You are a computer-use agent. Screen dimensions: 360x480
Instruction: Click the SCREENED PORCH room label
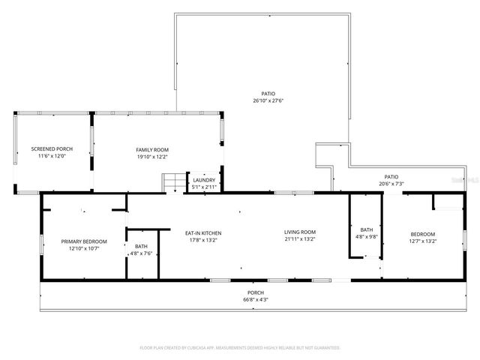[52, 149]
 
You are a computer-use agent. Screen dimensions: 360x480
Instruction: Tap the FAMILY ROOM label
[152, 149]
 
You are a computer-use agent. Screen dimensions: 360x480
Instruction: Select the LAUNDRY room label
[204, 180]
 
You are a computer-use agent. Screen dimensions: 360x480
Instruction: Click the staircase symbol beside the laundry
[173, 182]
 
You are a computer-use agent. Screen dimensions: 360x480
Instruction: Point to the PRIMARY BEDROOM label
[84, 241]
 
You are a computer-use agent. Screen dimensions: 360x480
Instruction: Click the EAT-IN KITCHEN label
[203, 232]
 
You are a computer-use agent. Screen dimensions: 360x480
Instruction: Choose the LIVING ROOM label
[300, 232]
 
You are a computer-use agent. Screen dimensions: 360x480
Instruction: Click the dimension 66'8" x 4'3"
[256, 299]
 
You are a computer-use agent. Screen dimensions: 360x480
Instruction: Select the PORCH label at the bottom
[256, 292]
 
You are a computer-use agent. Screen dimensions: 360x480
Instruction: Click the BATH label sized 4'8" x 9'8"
[366, 229]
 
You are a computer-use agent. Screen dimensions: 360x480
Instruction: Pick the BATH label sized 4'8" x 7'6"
[141, 246]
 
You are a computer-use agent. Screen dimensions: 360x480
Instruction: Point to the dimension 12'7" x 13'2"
[422, 241]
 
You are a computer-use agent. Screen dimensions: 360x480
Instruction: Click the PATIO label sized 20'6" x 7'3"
[391, 176]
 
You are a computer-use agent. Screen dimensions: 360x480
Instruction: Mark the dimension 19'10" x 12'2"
[152, 157]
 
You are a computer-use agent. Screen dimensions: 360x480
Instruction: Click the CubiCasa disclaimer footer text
[240, 348]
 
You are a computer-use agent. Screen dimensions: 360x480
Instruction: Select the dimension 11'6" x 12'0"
[52, 156]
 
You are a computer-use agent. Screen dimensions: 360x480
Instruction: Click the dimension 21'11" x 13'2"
[300, 240]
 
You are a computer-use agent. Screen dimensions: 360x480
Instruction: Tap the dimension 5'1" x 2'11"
[204, 187]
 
